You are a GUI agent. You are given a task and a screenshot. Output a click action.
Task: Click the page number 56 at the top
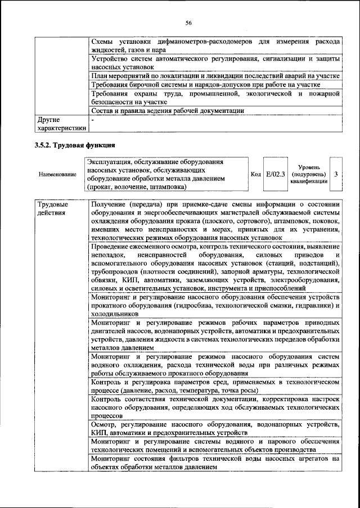188,22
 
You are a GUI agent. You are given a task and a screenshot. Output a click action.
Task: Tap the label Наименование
57,175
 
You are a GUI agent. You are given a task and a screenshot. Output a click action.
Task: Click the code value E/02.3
276,174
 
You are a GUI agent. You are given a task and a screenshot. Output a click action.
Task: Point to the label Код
255,174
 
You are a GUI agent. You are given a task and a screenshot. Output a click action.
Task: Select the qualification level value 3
335,174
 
